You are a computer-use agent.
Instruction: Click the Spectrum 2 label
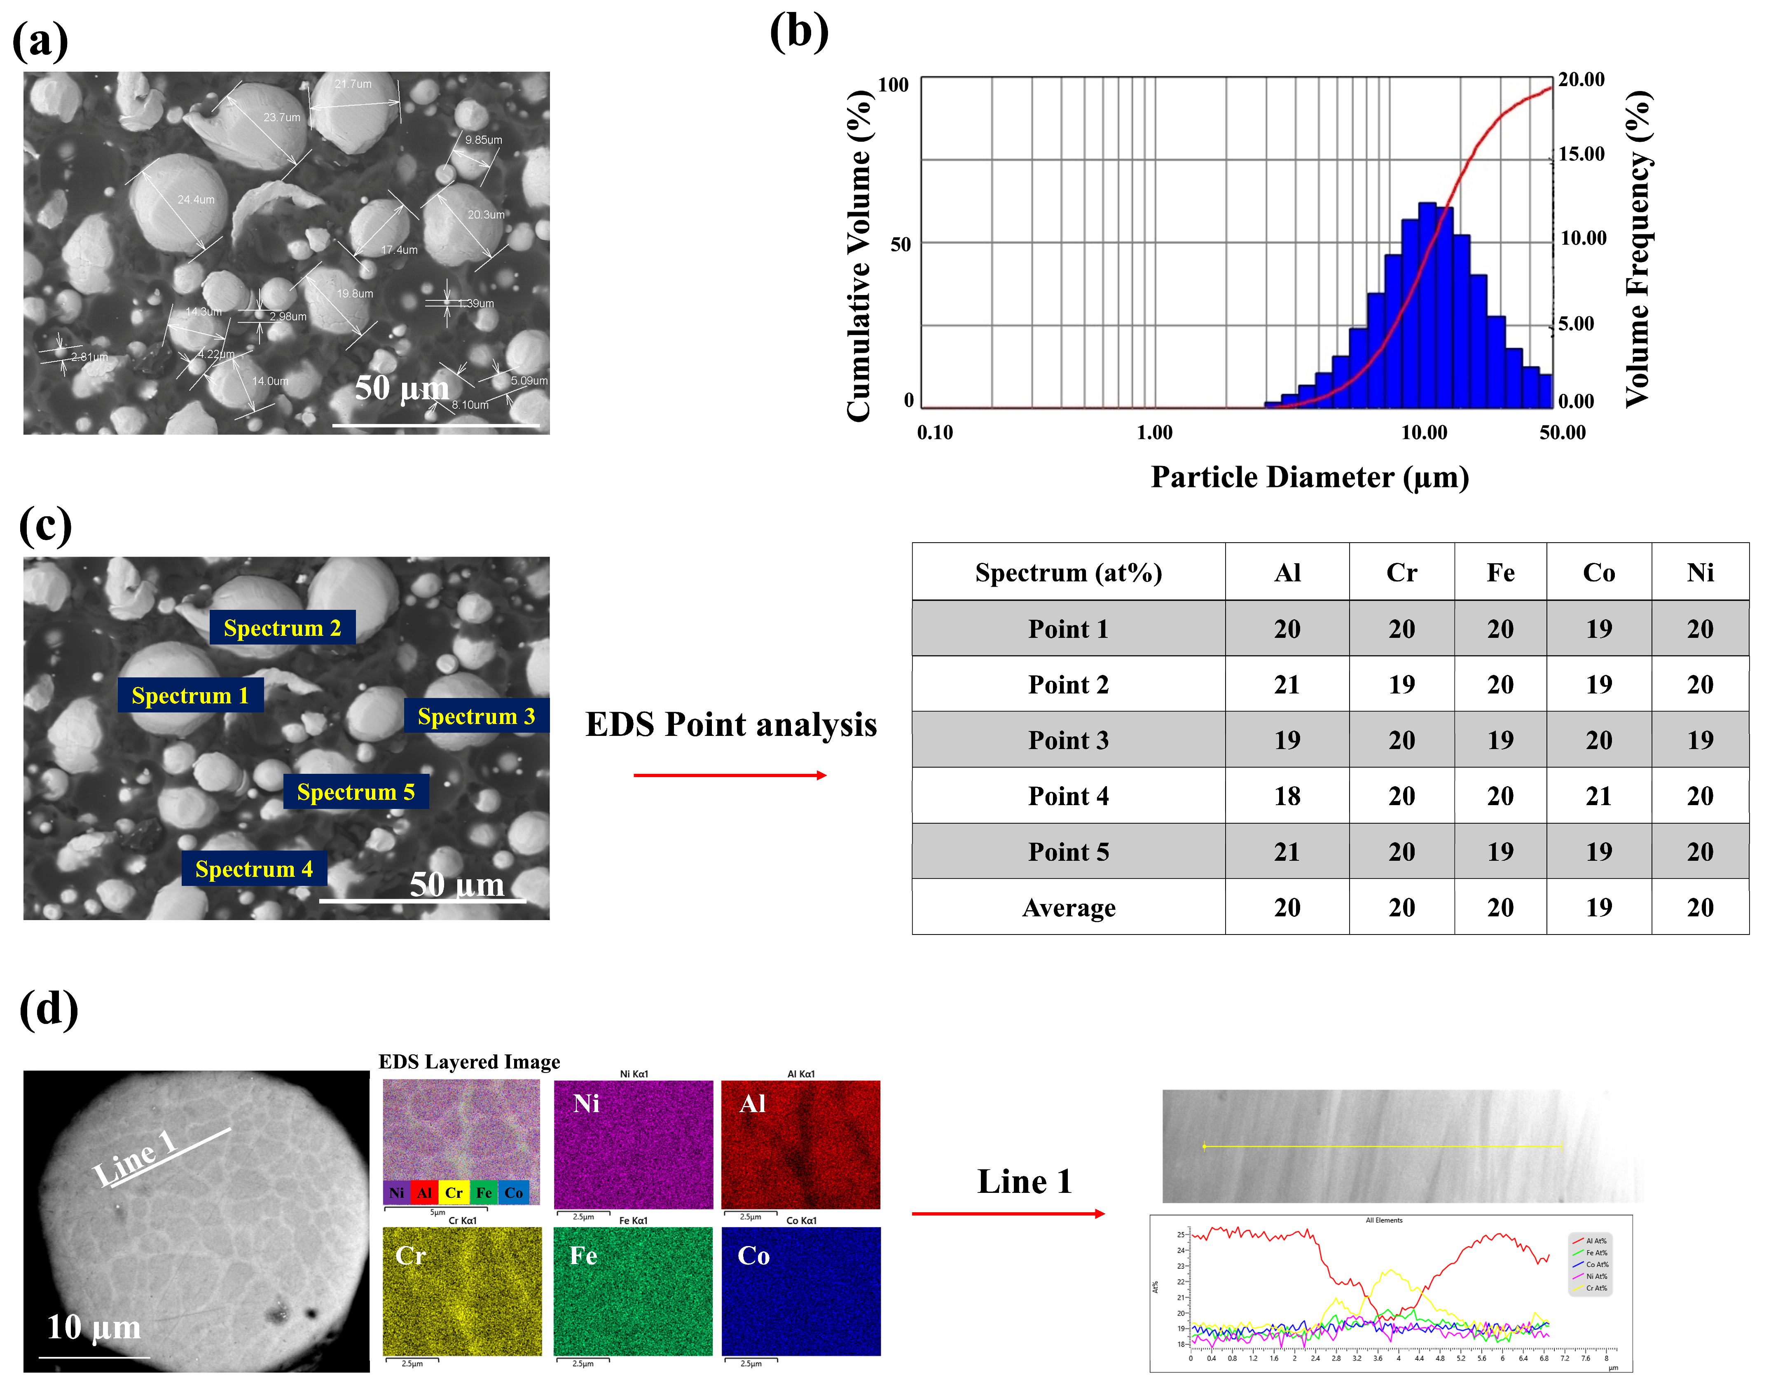282,628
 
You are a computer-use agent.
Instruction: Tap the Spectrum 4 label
254,869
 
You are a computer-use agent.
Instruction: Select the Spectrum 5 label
356,791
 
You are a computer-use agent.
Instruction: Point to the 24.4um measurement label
196,199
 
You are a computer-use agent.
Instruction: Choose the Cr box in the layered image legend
454,1192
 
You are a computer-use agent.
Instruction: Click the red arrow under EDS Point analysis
730,775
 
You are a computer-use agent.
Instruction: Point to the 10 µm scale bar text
94,1327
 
